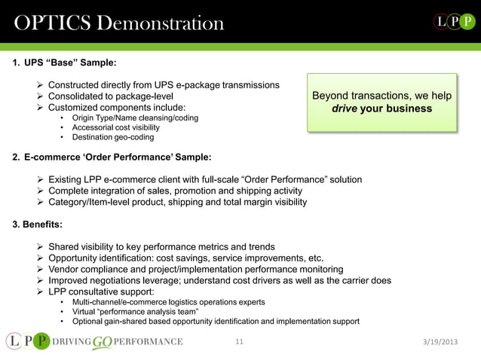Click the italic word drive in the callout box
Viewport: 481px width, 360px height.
coord(346,108)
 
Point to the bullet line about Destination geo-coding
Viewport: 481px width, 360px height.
coord(113,137)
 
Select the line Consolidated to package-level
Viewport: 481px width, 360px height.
coord(111,96)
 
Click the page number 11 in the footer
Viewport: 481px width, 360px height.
coord(240,342)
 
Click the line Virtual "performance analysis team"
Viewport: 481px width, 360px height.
coord(135,311)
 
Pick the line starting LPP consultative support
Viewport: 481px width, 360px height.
coord(102,291)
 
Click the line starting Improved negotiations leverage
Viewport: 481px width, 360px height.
coord(219,280)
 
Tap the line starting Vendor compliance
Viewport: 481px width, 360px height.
coord(196,269)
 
